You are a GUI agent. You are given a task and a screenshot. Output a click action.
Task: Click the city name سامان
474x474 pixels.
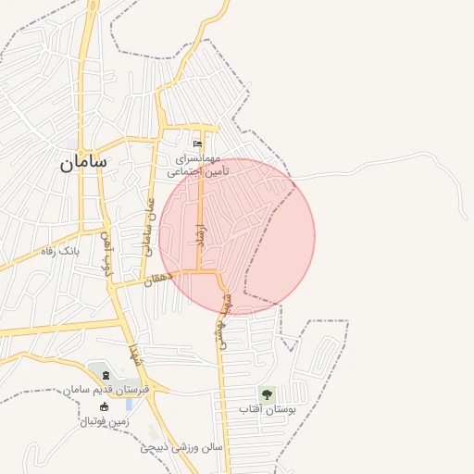click(x=84, y=162)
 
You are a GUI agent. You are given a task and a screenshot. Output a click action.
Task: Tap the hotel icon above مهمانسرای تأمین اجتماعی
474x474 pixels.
click(x=196, y=144)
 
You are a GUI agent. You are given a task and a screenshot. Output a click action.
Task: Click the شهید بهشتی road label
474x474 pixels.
click(x=221, y=318)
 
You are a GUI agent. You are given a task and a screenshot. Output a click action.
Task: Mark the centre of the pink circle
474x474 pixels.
click(x=237, y=237)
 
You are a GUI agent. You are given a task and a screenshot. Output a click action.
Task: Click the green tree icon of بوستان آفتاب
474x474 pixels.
click(x=267, y=394)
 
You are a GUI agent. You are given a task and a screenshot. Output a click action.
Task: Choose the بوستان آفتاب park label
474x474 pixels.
click(x=267, y=409)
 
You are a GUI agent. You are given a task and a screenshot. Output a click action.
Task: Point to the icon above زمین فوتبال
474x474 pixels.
click(x=104, y=407)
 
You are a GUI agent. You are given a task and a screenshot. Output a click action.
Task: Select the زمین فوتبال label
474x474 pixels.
click(x=105, y=421)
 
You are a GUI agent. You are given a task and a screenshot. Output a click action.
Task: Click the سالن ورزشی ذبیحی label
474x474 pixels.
click(x=182, y=447)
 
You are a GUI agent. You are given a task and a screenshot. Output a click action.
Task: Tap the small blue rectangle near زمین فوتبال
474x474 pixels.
click(x=129, y=405)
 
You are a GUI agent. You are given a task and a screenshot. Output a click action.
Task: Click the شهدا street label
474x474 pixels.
click(x=135, y=352)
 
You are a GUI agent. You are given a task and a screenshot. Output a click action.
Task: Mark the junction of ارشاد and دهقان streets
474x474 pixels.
click(x=200, y=271)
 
